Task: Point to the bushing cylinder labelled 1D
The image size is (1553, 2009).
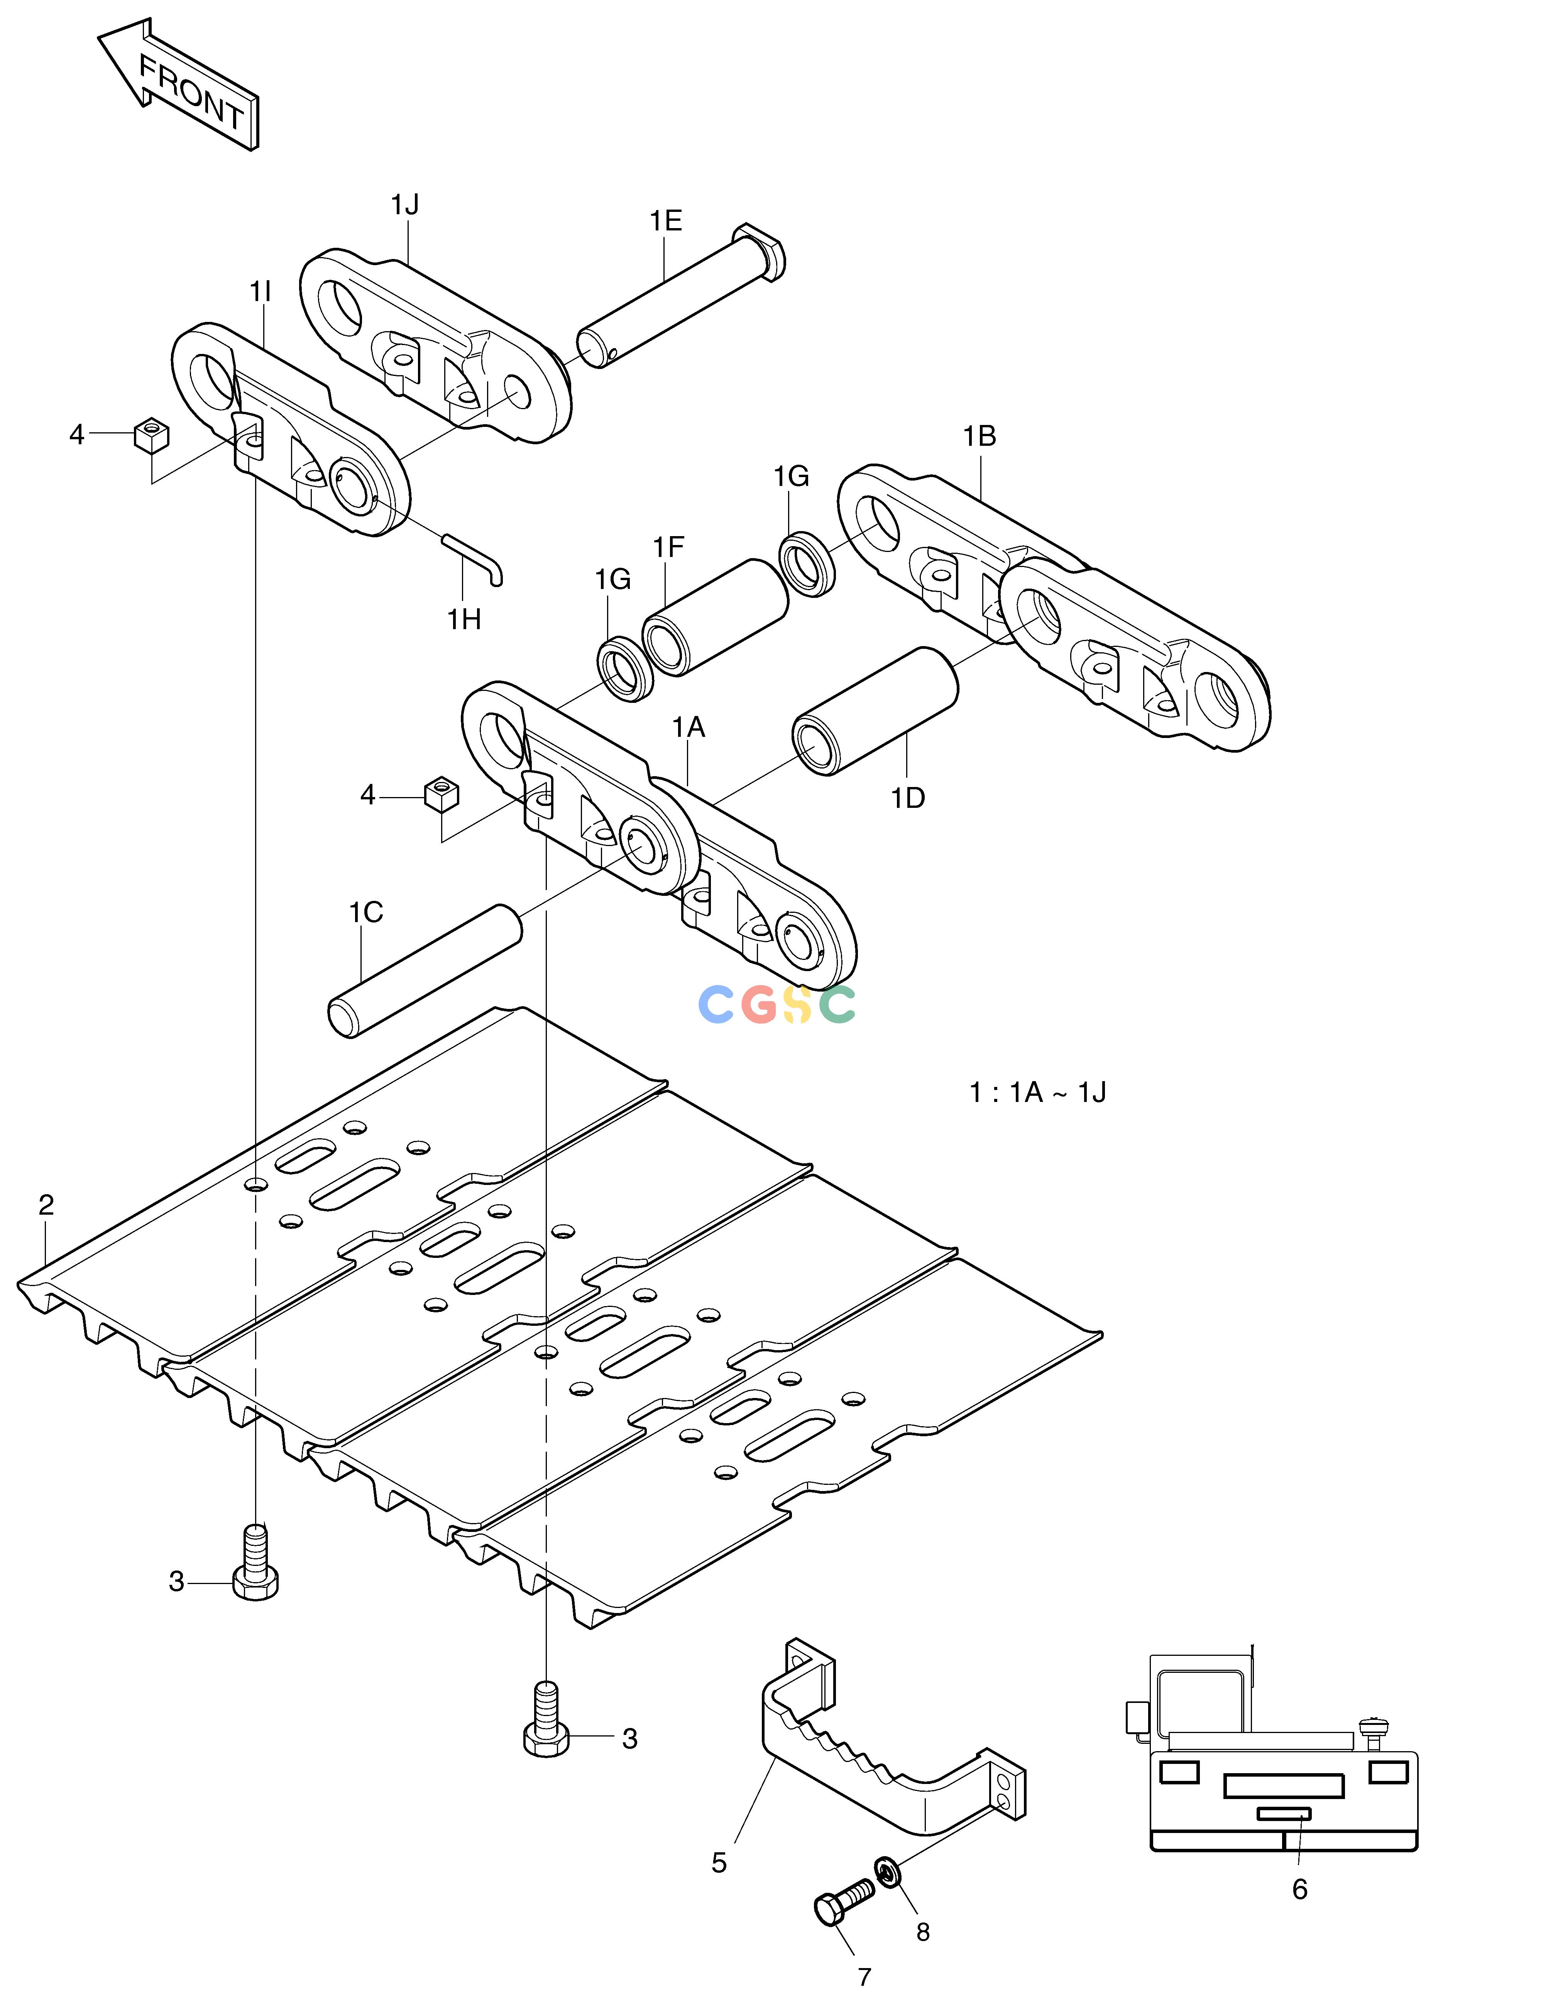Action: pyautogui.click(x=875, y=711)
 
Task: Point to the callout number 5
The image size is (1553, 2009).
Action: pyautogui.click(x=719, y=1863)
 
